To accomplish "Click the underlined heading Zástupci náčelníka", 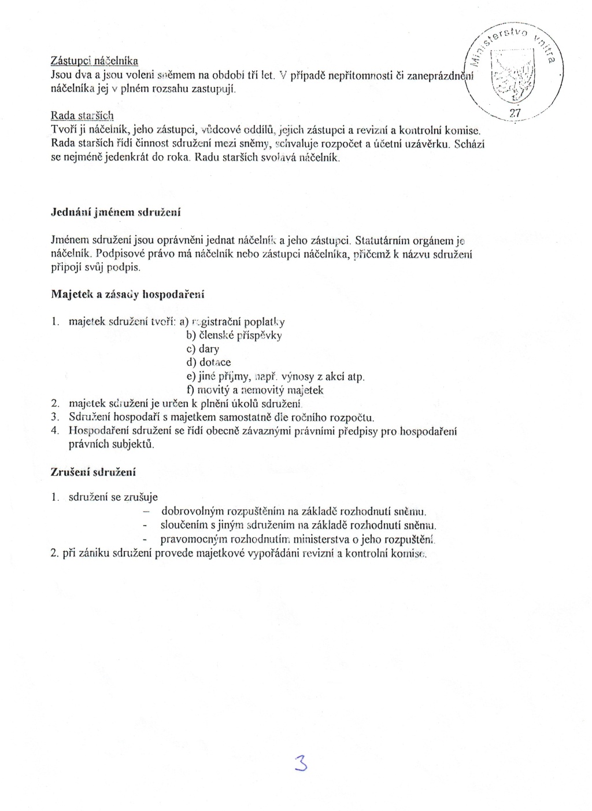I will [x=94, y=61].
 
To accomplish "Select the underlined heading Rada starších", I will [x=82, y=115].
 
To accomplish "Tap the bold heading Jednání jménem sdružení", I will [x=116, y=212].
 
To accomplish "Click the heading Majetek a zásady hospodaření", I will [x=128, y=294].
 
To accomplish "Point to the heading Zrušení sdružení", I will [x=93, y=472].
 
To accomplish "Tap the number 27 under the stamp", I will [x=515, y=112].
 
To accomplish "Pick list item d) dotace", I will [x=208, y=362].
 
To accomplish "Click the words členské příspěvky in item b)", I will [x=240, y=335].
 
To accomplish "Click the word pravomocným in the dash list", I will [x=193, y=540].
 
